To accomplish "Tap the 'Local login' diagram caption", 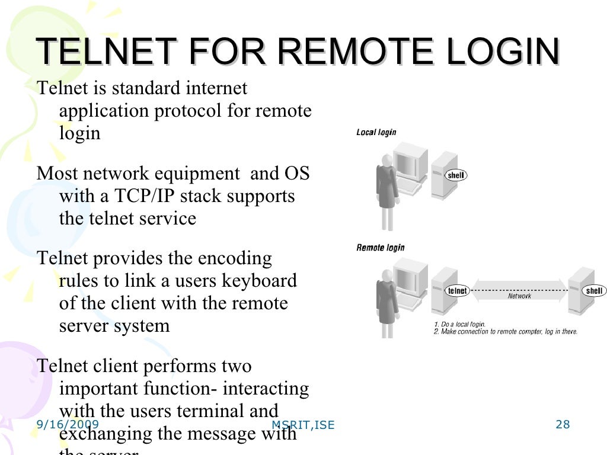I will click(376, 133).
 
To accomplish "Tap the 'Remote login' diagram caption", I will click(380, 247).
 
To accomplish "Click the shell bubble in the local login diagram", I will click(455, 175).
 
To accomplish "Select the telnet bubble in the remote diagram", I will click(457, 291).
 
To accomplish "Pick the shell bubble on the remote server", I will click(593, 291).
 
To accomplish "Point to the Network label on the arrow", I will click(519, 296).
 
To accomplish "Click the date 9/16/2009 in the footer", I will click(68, 425).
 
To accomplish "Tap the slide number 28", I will click(563, 424).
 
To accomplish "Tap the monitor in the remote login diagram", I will click(410, 278).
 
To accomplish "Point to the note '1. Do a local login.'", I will click(460, 325).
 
